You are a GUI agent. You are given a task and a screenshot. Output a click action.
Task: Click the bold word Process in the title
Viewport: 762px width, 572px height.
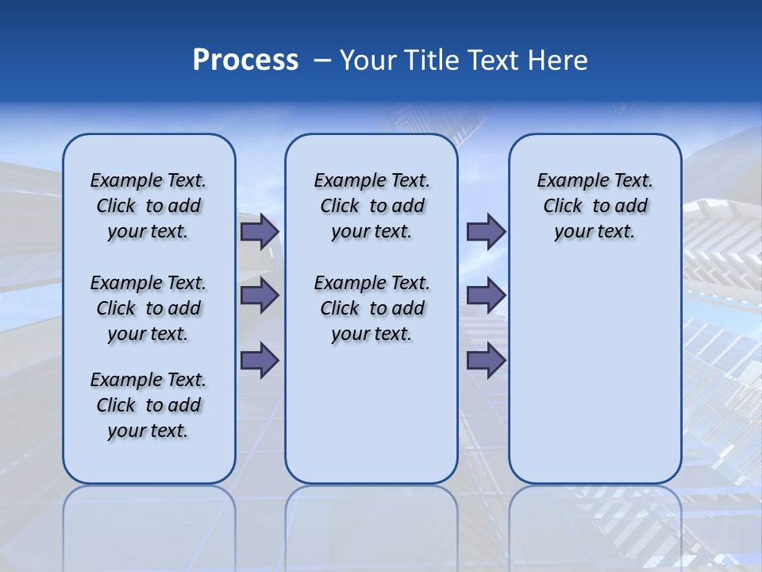tap(245, 60)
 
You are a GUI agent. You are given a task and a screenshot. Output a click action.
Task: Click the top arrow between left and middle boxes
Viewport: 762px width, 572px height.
tap(260, 232)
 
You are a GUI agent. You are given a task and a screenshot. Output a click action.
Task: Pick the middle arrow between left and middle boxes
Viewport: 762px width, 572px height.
tap(260, 296)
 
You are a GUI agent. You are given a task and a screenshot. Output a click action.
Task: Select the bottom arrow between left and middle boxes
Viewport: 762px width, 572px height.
tap(260, 361)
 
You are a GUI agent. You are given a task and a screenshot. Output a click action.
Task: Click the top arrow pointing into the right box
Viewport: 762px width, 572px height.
tap(486, 232)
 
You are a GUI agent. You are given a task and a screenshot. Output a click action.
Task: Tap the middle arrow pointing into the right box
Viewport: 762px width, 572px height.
tap(486, 296)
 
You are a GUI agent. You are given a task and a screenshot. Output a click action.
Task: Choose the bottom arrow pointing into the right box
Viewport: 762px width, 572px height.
tap(486, 361)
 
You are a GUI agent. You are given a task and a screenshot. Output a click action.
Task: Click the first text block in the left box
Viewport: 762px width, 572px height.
tap(148, 206)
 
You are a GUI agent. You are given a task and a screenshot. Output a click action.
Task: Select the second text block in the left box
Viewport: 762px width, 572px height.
tap(148, 308)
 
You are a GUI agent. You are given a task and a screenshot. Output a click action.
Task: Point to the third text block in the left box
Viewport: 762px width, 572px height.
tap(148, 405)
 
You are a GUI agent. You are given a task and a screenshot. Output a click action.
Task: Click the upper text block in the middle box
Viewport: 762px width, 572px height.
tap(371, 206)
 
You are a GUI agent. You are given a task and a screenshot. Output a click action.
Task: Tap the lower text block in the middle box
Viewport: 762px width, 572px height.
tap(371, 308)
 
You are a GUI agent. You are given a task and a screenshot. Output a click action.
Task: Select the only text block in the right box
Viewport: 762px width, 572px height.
tap(595, 206)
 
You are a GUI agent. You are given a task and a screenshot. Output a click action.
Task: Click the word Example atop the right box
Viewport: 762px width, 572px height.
tap(566, 181)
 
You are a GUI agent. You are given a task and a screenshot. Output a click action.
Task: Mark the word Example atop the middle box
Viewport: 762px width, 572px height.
tap(343, 181)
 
